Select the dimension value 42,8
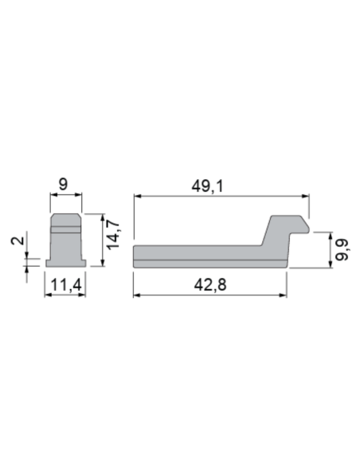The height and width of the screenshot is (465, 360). (209, 283)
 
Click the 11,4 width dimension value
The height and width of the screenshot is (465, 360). (64, 283)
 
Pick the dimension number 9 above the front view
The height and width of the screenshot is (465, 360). (64, 184)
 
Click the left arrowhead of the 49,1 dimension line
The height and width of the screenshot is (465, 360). (136, 196)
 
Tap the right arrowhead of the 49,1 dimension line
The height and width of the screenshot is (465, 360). (306, 196)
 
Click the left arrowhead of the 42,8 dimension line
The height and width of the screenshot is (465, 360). (136, 295)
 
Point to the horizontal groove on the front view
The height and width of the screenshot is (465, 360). (65, 229)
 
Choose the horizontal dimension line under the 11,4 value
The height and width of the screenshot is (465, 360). (64, 295)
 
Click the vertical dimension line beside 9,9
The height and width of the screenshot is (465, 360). (327, 249)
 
